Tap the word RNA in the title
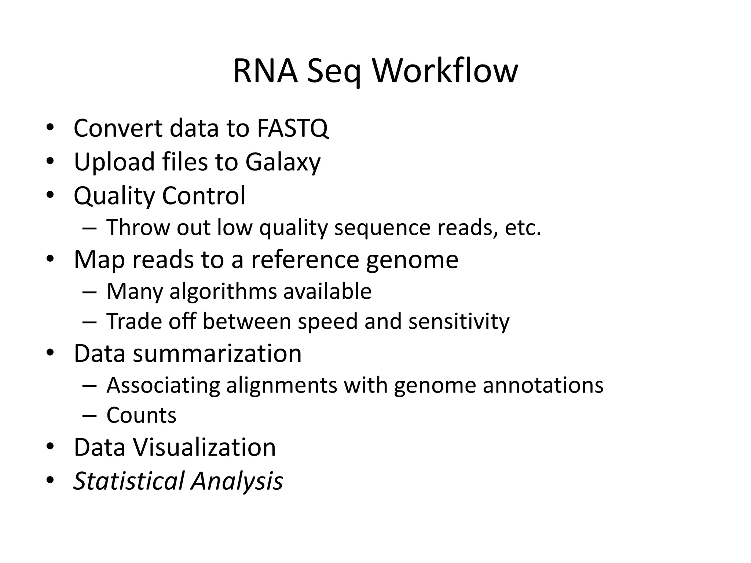[265, 71]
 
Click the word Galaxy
[283, 162]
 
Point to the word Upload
[114, 162]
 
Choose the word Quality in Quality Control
[114, 196]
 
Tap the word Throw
[138, 228]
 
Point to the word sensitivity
[459, 321]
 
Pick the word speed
[327, 321]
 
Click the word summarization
[217, 354]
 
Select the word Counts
[141, 415]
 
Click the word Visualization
[204, 448]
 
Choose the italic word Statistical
[128, 481]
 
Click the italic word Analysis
[237, 481]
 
